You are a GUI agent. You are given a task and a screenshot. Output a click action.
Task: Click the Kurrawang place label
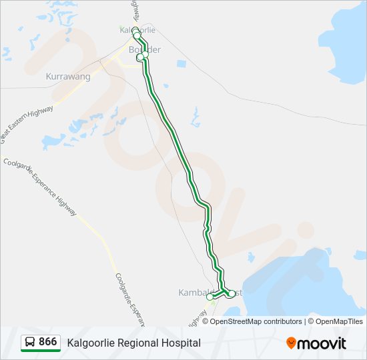[x=67, y=77]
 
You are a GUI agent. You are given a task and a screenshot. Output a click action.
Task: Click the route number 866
[x=47, y=342]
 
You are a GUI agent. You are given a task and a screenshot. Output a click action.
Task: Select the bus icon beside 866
[x=30, y=343]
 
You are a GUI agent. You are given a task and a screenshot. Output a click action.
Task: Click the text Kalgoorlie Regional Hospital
[x=133, y=343]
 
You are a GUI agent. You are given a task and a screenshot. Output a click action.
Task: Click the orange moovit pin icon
[x=291, y=343]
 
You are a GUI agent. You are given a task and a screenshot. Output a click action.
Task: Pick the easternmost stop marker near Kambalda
[x=232, y=293]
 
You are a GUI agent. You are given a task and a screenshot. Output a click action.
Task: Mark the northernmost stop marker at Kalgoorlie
[x=135, y=31]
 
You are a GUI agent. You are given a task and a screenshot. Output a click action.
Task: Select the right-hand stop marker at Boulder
[x=145, y=55]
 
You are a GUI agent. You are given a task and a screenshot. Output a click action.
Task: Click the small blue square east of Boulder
[x=181, y=64]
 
